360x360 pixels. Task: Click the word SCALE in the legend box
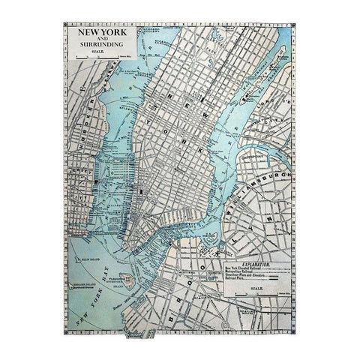(x=254, y=295)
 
